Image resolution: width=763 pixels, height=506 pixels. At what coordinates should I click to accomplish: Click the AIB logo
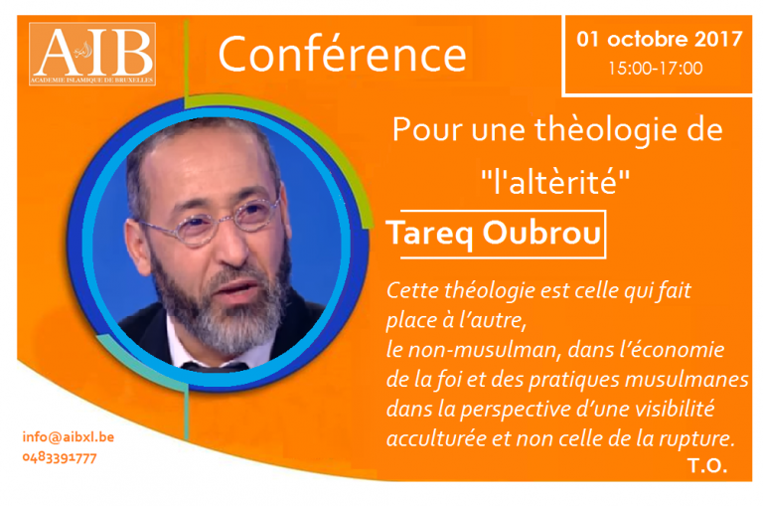point(92,54)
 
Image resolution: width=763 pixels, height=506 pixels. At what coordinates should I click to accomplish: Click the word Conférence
point(343,55)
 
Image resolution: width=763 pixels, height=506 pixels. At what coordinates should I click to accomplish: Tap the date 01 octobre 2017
point(660,39)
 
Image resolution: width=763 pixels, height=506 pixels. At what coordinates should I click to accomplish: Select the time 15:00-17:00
point(656,69)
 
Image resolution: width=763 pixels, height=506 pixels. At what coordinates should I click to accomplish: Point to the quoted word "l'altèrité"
point(555,182)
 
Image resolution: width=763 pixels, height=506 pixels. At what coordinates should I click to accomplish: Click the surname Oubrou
point(541,233)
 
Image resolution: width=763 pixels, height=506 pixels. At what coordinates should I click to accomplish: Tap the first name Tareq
point(430,235)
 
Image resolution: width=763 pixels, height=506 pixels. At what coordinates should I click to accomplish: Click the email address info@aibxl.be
point(69,436)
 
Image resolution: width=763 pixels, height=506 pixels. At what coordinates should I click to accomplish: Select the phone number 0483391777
point(60,458)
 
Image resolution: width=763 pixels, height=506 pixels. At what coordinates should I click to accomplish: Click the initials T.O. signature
point(707,466)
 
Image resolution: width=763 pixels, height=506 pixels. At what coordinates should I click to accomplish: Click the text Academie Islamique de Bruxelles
point(92,80)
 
